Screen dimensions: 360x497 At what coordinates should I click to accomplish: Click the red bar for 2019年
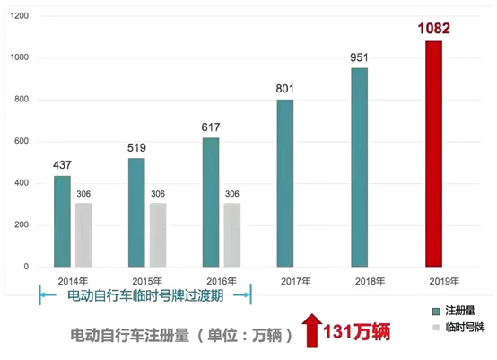(x=433, y=154)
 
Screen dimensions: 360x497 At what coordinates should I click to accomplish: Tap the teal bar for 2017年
(x=284, y=183)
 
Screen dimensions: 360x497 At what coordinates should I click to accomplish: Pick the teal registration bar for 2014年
(x=62, y=221)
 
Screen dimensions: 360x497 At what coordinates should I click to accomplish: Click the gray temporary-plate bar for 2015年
(x=158, y=234)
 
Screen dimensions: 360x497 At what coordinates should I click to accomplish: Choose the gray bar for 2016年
(x=232, y=234)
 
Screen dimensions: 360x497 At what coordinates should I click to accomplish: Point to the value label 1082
(x=433, y=29)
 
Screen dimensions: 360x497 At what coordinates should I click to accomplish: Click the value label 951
(x=359, y=58)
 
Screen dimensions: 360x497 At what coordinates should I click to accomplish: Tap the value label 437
(x=62, y=165)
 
